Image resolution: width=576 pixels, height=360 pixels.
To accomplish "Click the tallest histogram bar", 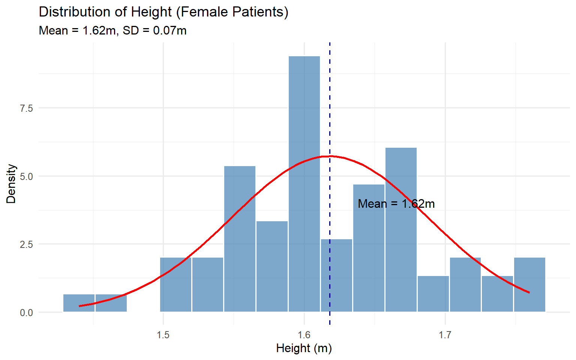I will [304, 184].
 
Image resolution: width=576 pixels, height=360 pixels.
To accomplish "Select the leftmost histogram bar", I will [79, 303].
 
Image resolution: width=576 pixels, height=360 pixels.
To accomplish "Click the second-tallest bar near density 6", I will [401, 229].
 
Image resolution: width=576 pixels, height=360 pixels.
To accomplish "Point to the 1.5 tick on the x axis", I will [163, 335].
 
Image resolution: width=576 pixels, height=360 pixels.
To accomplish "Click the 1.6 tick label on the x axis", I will [304, 335].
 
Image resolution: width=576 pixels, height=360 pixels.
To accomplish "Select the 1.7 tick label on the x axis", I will [445, 335].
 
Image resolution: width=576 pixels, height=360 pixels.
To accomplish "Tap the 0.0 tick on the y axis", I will [26, 312].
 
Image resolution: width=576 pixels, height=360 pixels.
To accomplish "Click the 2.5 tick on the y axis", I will [26, 244].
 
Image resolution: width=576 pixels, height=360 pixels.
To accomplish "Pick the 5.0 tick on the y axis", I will [26, 176].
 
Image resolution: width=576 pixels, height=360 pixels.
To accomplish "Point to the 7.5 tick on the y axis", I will [26, 108].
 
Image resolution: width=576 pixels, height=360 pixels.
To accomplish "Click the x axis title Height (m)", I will [304, 348].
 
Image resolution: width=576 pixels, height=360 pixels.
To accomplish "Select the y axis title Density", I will [11, 184].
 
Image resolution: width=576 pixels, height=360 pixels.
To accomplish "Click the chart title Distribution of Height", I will [163, 12].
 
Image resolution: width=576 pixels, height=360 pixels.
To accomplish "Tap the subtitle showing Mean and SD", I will [112, 30].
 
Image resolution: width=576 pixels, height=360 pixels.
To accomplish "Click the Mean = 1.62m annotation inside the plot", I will [396, 204].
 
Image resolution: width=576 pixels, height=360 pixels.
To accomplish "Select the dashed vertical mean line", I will [330, 112].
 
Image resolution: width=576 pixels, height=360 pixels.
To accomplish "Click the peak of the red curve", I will [330, 156].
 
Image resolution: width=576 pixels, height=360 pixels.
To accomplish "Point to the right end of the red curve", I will [529, 292].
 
